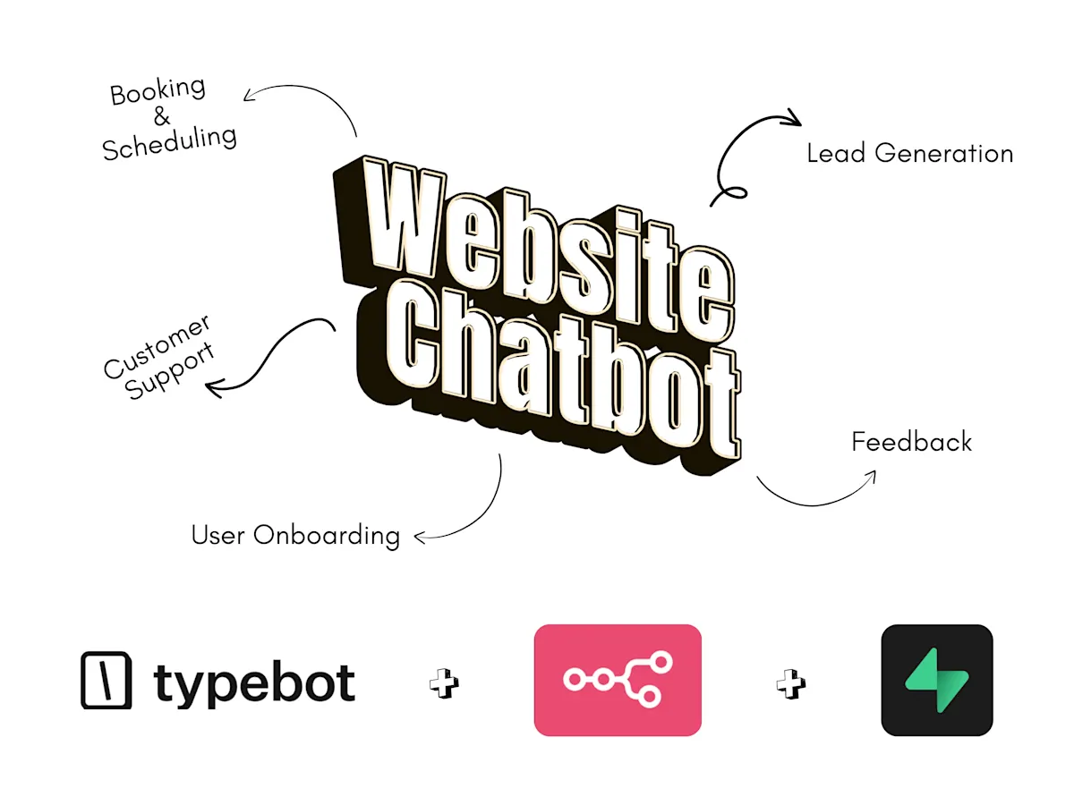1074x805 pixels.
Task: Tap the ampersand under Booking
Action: click(x=161, y=116)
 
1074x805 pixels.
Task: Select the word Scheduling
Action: click(x=170, y=143)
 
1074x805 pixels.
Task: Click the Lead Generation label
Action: click(x=909, y=153)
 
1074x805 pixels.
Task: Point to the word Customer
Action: click(x=157, y=346)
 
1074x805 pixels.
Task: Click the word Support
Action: click(x=169, y=371)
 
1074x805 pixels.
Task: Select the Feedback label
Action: click(x=911, y=442)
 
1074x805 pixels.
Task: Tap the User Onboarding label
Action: click(x=296, y=535)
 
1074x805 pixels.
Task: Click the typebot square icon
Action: click(x=107, y=680)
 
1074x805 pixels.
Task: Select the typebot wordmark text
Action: click(x=254, y=683)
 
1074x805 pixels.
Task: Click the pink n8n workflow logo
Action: click(x=618, y=680)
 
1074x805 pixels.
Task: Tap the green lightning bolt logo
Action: click(x=936, y=680)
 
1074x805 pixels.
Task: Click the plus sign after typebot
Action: click(x=444, y=683)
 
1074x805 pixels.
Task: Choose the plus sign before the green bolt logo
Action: click(x=790, y=683)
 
